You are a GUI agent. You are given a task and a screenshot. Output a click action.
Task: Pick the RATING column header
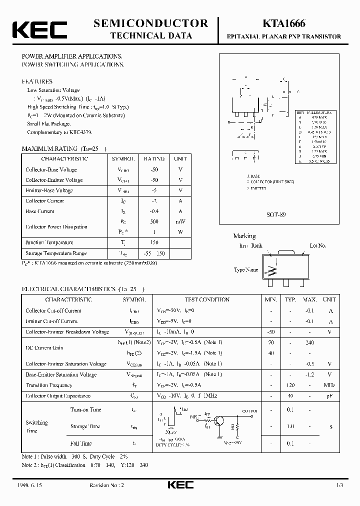pyautogui.click(x=154, y=159)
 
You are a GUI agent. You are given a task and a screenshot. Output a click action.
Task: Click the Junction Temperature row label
pyautogui.click(x=49, y=242)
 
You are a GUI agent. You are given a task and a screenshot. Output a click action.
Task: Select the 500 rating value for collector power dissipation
pyautogui.click(x=154, y=221)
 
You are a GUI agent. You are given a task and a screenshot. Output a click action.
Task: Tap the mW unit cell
pyautogui.click(x=180, y=221)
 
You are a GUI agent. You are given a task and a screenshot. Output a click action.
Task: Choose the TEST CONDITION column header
pyautogui.click(x=207, y=299)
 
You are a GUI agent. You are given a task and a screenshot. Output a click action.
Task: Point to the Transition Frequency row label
pyautogui.click(x=49, y=385)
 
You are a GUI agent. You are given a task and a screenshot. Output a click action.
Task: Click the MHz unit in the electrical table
pyautogui.click(x=329, y=385)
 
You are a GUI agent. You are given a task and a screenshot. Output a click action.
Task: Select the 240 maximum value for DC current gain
pyautogui.click(x=310, y=342)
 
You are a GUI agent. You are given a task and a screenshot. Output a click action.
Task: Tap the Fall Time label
pyautogui.click(x=81, y=443)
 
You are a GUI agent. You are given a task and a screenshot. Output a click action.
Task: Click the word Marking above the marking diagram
pyautogui.click(x=244, y=236)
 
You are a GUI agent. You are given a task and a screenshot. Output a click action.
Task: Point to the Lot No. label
pyautogui.click(x=317, y=245)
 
